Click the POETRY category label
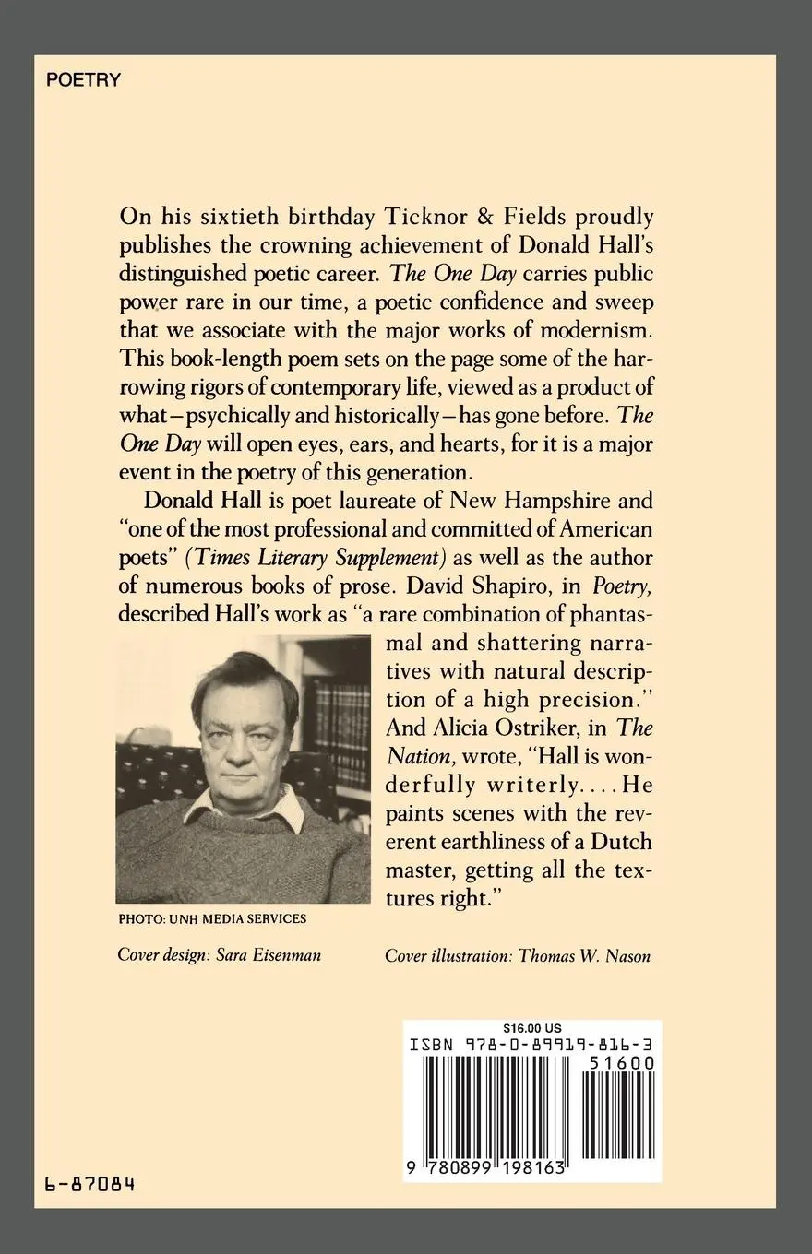pyautogui.click(x=83, y=80)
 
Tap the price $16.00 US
pyautogui.click(x=532, y=1028)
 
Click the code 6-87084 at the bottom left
pyautogui.click(x=90, y=1183)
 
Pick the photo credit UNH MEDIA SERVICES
pyautogui.click(x=212, y=918)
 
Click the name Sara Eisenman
pyautogui.click(x=269, y=955)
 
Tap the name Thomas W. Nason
pyautogui.click(x=584, y=956)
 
